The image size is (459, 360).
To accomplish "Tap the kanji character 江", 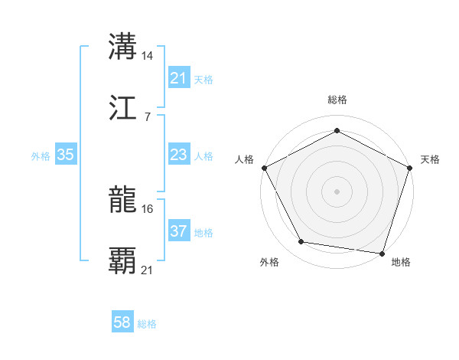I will tap(123, 108).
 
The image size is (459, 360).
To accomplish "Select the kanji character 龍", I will tap(123, 201).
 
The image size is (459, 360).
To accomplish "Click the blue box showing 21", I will tap(178, 78).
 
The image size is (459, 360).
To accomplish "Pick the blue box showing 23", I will tap(178, 155).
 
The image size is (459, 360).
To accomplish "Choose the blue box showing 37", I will tap(178, 231).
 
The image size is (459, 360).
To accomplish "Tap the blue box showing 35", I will tap(66, 155).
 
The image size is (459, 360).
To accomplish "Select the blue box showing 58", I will tap(122, 323).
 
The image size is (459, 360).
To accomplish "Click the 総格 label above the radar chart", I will tap(337, 100).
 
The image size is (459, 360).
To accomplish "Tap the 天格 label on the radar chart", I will tap(431, 159).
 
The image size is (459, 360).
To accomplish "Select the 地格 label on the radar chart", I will tap(401, 263).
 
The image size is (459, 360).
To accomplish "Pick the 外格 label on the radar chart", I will tap(269, 263).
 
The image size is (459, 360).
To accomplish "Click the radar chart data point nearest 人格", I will tap(264, 168).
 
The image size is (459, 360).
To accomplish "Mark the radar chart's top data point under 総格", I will tap(337, 131).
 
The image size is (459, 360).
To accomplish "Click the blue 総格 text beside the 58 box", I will tap(147, 324).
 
